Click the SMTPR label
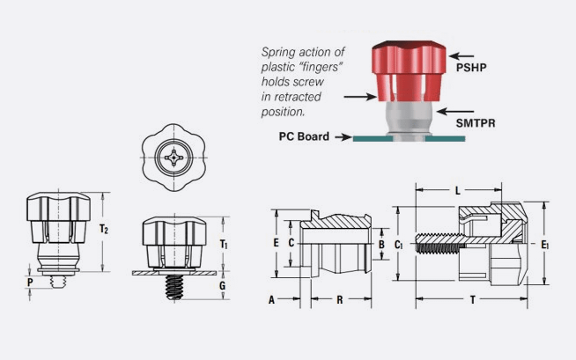(477, 125)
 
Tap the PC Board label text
(304, 136)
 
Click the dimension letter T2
(104, 229)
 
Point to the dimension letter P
(30, 282)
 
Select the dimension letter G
(223, 287)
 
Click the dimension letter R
(340, 300)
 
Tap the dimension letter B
(380, 244)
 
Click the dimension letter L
(458, 190)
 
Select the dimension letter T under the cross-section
(473, 300)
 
